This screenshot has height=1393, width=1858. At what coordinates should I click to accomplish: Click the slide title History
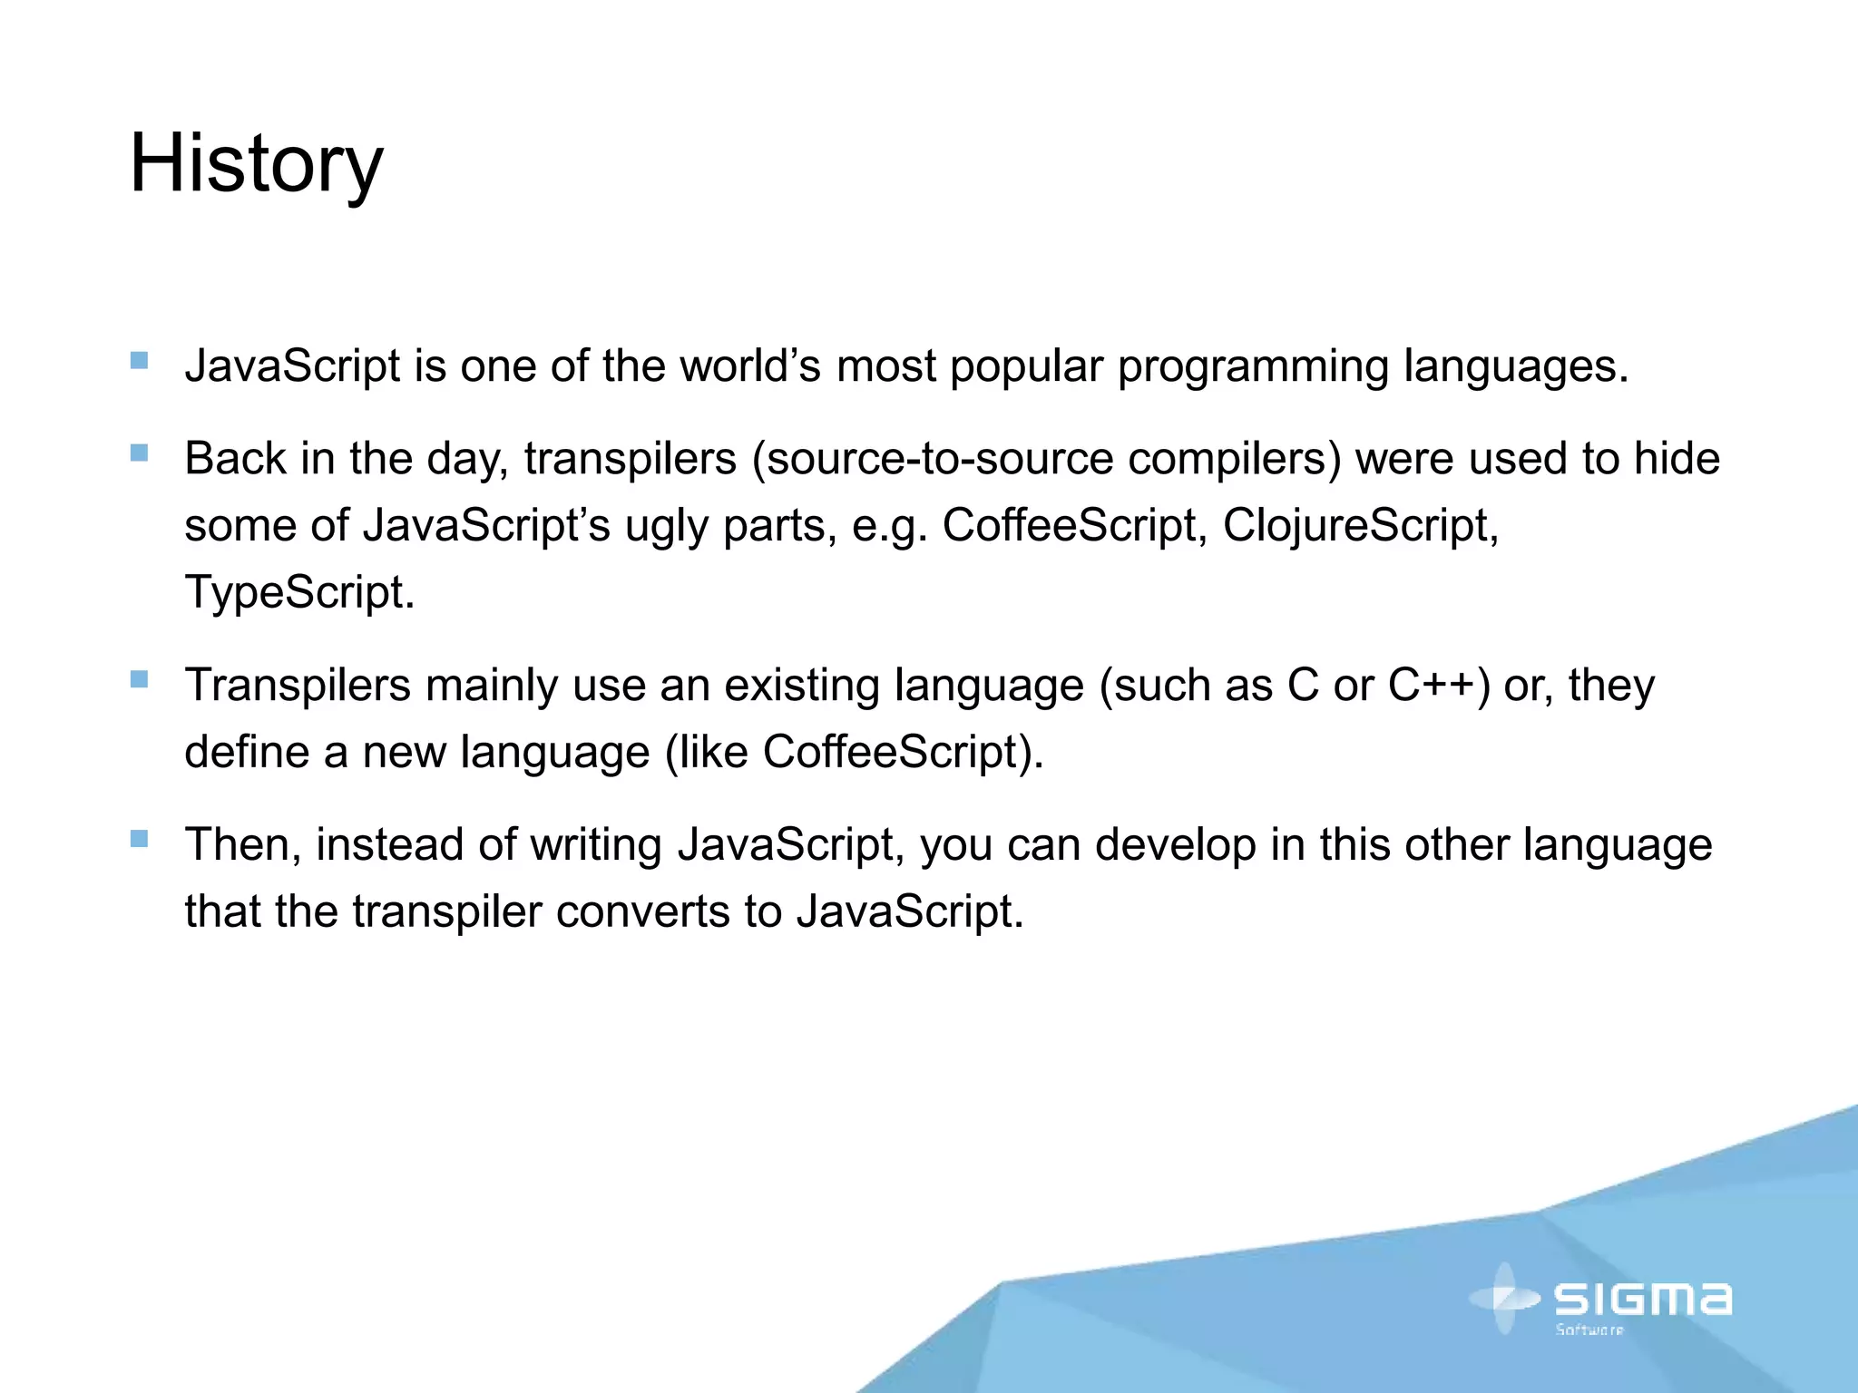pyautogui.click(x=256, y=165)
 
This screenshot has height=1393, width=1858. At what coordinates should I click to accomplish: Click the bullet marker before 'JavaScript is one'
pyautogui.click(x=139, y=361)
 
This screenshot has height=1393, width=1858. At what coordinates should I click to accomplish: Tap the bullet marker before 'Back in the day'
pyautogui.click(x=139, y=453)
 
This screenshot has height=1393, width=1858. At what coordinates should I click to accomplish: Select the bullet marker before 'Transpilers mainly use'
pyautogui.click(x=139, y=679)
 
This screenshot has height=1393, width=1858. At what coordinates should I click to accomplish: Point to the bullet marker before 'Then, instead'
pyautogui.click(x=139, y=839)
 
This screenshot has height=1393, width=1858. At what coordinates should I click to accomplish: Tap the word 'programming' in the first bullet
pyautogui.click(x=1252, y=367)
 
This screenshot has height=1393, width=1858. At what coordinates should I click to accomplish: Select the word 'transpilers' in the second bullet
pyautogui.click(x=630, y=458)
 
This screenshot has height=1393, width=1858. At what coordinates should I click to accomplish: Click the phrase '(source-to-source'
pyautogui.click(x=932, y=458)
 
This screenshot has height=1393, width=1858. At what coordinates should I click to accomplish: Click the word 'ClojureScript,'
pyautogui.click(x=1361, y=525)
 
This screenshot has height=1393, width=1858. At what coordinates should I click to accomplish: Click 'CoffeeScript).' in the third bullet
pyautogui.click(x=903, y=753)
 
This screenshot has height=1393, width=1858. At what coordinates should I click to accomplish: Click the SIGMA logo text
pyautogui.click(x=1642, y=1299)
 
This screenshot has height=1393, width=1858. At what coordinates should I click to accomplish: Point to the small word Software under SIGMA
pyautogui.click(x=1589, y=1330)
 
